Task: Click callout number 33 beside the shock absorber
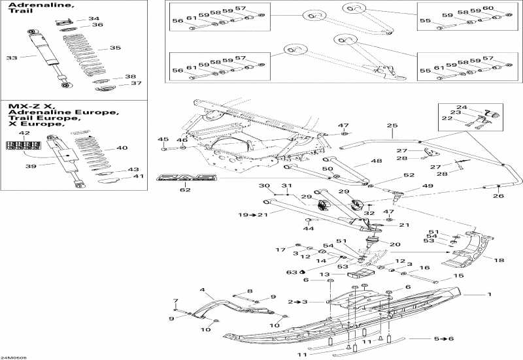click(x=12, y=58)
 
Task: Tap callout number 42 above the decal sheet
click(x=24, y=133)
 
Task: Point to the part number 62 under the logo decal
click(x=185, y=191)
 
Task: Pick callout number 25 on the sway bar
click(x=392, y=125)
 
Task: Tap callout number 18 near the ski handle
click(x=499, y=260)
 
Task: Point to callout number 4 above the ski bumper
click(x=203, y=289)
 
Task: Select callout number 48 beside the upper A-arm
click(x=376, y=161)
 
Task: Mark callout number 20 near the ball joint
click(x=394, y=244)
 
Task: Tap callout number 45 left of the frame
click(x=163, y=139)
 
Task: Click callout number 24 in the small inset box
click(x=462, y=107)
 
